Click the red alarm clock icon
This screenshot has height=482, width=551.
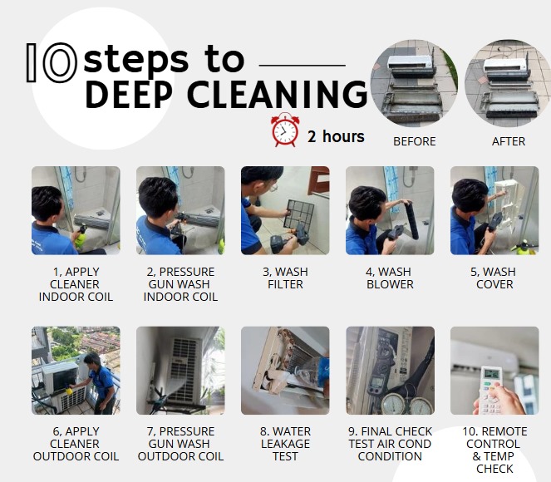285,130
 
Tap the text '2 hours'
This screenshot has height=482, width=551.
336,136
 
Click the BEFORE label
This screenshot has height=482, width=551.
415,141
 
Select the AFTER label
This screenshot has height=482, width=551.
509,141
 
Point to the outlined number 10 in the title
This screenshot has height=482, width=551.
52,63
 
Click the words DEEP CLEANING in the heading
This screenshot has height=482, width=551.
227,94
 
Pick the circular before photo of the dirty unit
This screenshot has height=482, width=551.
415,83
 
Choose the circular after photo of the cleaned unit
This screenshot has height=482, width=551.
508,83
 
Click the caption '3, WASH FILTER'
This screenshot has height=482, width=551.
285,278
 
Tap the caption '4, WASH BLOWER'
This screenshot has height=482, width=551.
390,278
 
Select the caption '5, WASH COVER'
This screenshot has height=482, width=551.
494,278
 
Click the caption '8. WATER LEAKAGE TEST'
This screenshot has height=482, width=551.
285,444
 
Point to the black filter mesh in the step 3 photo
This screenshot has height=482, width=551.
298,214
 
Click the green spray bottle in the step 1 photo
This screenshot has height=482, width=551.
81,238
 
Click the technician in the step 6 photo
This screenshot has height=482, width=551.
101,383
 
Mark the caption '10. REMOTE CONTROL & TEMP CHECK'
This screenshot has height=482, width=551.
494,450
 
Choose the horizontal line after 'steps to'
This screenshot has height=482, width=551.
303,65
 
